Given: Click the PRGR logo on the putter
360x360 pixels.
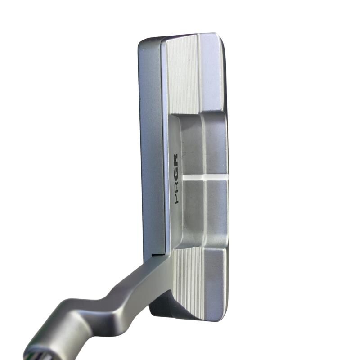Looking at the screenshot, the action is [176, 179].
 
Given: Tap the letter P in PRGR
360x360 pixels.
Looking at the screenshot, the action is [176, 199].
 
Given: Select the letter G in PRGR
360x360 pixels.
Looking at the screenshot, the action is [176, 173].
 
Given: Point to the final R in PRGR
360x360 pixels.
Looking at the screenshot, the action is [176, 160].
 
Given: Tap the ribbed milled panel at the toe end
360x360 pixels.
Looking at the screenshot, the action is [183, 75].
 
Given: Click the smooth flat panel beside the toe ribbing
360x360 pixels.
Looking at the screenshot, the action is [211, 73].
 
